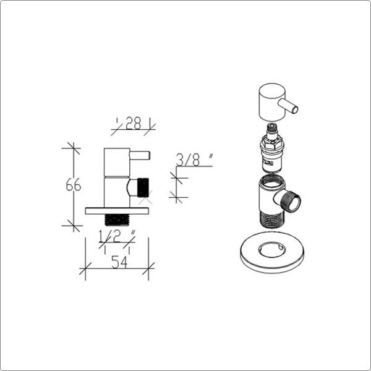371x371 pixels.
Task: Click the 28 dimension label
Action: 133,123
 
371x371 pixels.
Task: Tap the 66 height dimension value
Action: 74,185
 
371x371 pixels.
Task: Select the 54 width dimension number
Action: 119,262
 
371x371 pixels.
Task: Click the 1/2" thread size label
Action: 117,236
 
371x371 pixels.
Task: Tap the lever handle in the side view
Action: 140,156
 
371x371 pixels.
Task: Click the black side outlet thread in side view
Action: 143,187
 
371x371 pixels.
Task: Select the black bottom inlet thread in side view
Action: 117,220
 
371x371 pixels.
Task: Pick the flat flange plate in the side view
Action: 117,211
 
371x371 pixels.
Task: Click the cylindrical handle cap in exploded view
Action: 272,102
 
